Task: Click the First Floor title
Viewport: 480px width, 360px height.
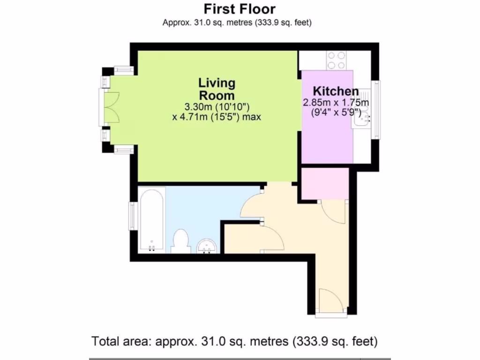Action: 240,8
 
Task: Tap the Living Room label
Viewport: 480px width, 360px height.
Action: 217,89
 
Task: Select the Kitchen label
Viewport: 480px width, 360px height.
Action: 336,91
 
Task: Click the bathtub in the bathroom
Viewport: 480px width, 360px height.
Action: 151,219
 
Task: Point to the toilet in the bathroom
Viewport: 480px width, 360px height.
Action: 180,240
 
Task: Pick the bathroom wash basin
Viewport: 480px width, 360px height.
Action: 206,246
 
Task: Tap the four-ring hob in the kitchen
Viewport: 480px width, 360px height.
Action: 336,60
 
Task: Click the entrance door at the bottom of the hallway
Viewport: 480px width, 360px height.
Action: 331,302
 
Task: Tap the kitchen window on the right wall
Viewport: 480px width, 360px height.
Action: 376,109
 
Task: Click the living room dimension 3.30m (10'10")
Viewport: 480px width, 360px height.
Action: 217,107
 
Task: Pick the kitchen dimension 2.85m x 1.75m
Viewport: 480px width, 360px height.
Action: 336,103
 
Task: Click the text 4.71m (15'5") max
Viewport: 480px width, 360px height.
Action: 217,117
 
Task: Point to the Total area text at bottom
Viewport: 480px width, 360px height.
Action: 234,341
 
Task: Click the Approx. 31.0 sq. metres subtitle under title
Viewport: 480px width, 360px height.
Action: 237,22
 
